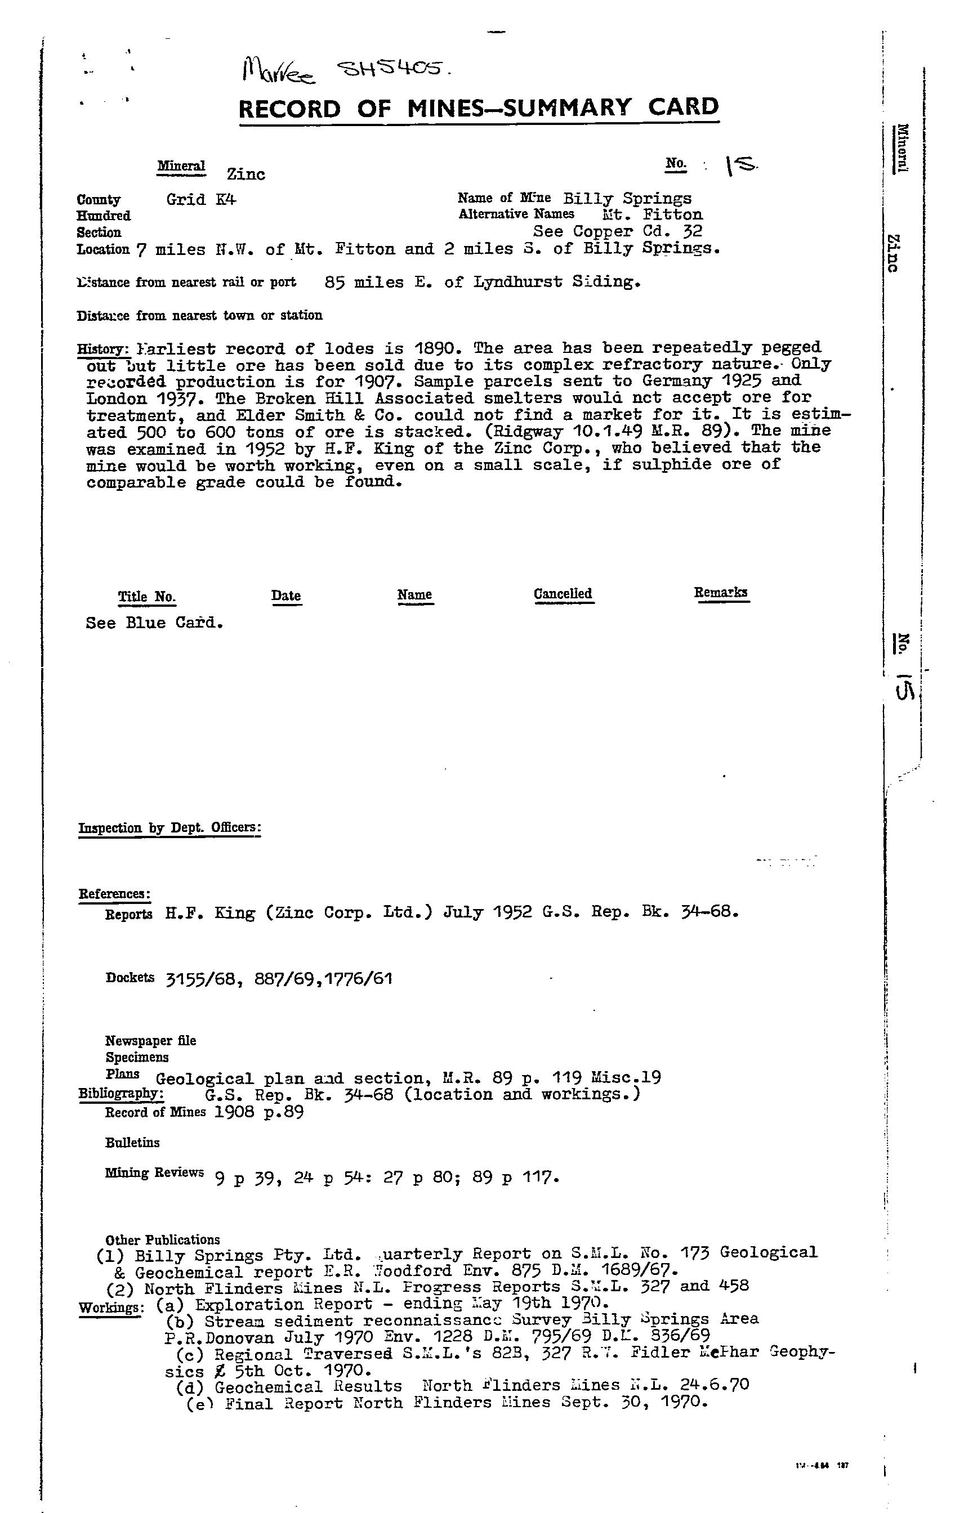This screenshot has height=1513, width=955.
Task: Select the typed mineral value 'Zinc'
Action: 246,174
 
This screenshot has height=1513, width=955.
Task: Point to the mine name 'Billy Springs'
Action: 627,199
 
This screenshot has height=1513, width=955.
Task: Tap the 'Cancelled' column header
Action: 563,594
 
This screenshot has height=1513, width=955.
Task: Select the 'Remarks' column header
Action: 721,593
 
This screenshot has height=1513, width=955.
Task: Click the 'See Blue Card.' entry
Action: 155,623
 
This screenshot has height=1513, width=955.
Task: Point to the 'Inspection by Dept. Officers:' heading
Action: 169,827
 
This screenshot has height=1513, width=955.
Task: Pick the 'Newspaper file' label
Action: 151,1041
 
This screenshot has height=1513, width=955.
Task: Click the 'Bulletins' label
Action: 133,1142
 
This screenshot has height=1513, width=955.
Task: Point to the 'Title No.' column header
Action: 147,596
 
